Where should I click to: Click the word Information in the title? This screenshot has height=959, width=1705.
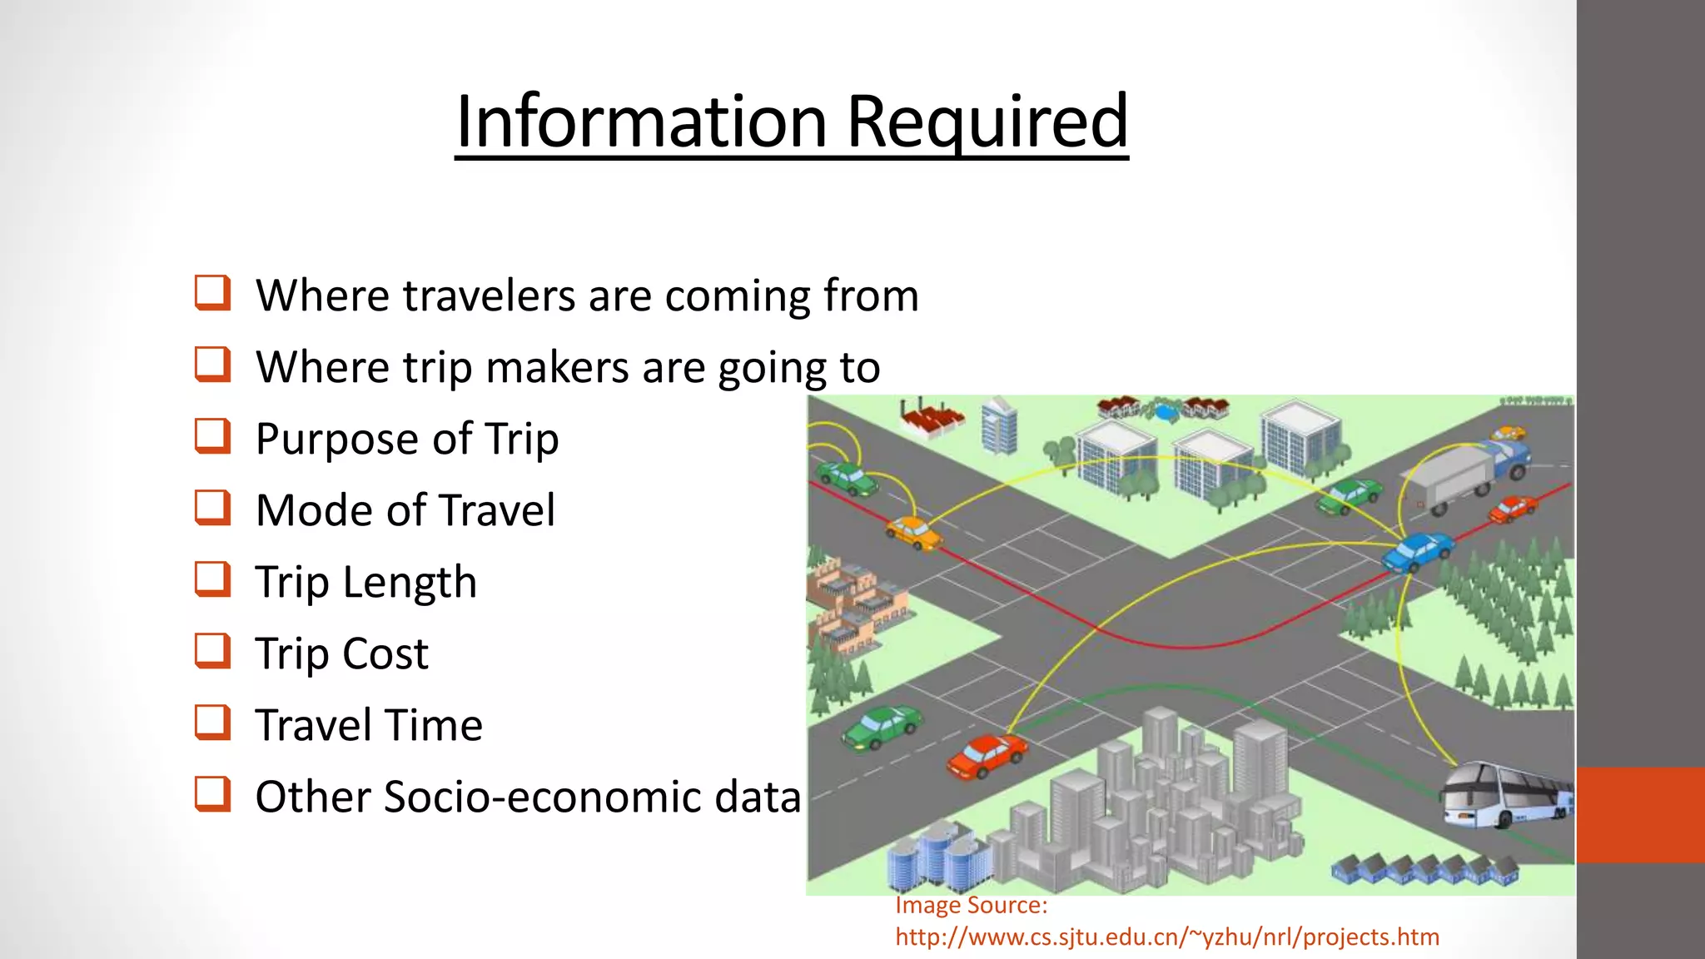[x=641, y=122]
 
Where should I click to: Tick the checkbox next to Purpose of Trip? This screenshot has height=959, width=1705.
[x=212, y=435]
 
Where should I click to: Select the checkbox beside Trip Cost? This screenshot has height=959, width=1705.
[x=212, y=650]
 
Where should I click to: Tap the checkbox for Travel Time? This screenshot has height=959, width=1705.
[x=212, y=722]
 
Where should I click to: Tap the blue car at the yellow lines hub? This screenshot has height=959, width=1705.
[x=1417, y=551]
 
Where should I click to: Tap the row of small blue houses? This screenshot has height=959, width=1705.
[x=1424, y=868]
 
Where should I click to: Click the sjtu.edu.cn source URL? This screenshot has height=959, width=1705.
[x=1166, y=937]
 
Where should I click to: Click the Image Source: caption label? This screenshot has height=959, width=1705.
[x=971, y=906]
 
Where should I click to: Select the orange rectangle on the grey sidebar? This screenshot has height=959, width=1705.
[x=1640, y=814]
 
